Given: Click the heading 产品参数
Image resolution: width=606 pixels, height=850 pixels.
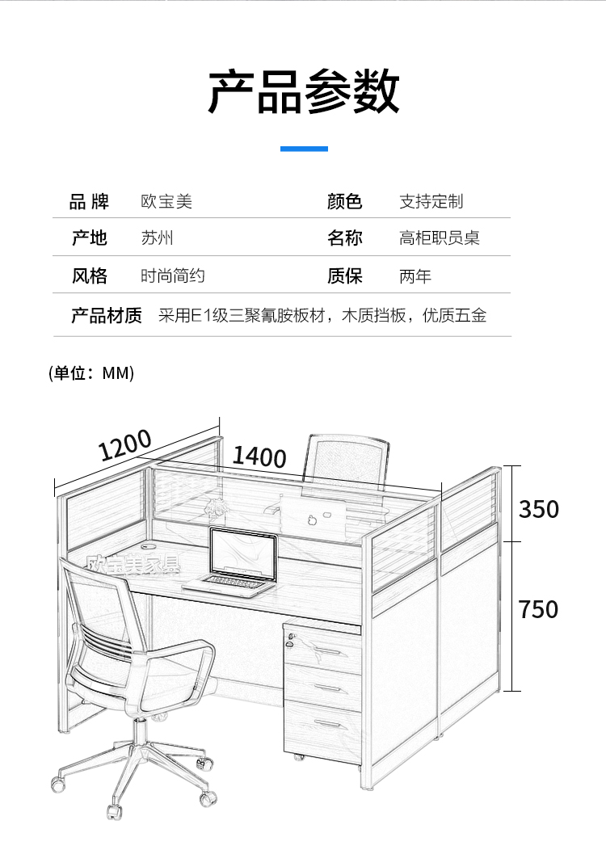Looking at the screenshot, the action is tap(304, 90).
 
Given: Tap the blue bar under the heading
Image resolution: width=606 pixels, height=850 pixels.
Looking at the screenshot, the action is tap(304, 149).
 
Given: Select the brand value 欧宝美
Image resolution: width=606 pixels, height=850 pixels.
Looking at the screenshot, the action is tap(166, 201).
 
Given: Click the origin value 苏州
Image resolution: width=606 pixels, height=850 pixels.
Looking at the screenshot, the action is tap(157, 238).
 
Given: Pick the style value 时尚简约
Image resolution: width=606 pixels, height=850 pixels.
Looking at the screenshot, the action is tap(173, 276).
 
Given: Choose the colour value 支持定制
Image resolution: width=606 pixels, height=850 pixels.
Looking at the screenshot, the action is tap(431, 201).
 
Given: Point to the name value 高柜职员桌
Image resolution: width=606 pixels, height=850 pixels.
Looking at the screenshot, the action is tap(439, 238).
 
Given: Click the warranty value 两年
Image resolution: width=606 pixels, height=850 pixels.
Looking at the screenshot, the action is tap(415, 276).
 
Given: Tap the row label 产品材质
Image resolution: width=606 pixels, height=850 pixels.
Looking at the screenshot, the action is tap(107, 315).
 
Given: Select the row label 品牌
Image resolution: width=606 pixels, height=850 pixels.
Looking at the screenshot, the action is tap(90, 201).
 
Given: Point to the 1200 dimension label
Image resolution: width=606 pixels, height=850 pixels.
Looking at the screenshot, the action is tap(125, 444).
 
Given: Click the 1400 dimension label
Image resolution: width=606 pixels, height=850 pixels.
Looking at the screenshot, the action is tap(259, 457).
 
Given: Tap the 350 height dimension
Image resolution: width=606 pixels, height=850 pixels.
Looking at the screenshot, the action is tap(538, 509).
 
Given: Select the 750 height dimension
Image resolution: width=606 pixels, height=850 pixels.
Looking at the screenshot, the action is tap(538, 609).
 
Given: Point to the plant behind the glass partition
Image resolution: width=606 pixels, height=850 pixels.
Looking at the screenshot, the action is tap(216, 507).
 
